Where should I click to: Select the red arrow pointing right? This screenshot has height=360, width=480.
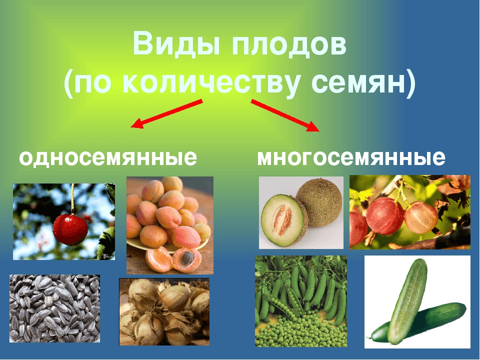tap(285, 115)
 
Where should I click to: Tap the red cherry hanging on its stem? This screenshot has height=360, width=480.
tap(70, 229)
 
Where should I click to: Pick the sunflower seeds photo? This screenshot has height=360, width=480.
tap(54, 308)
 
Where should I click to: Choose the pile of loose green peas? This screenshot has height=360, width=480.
tap(300, 332)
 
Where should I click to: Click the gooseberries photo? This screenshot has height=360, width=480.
tap(409, 212)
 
